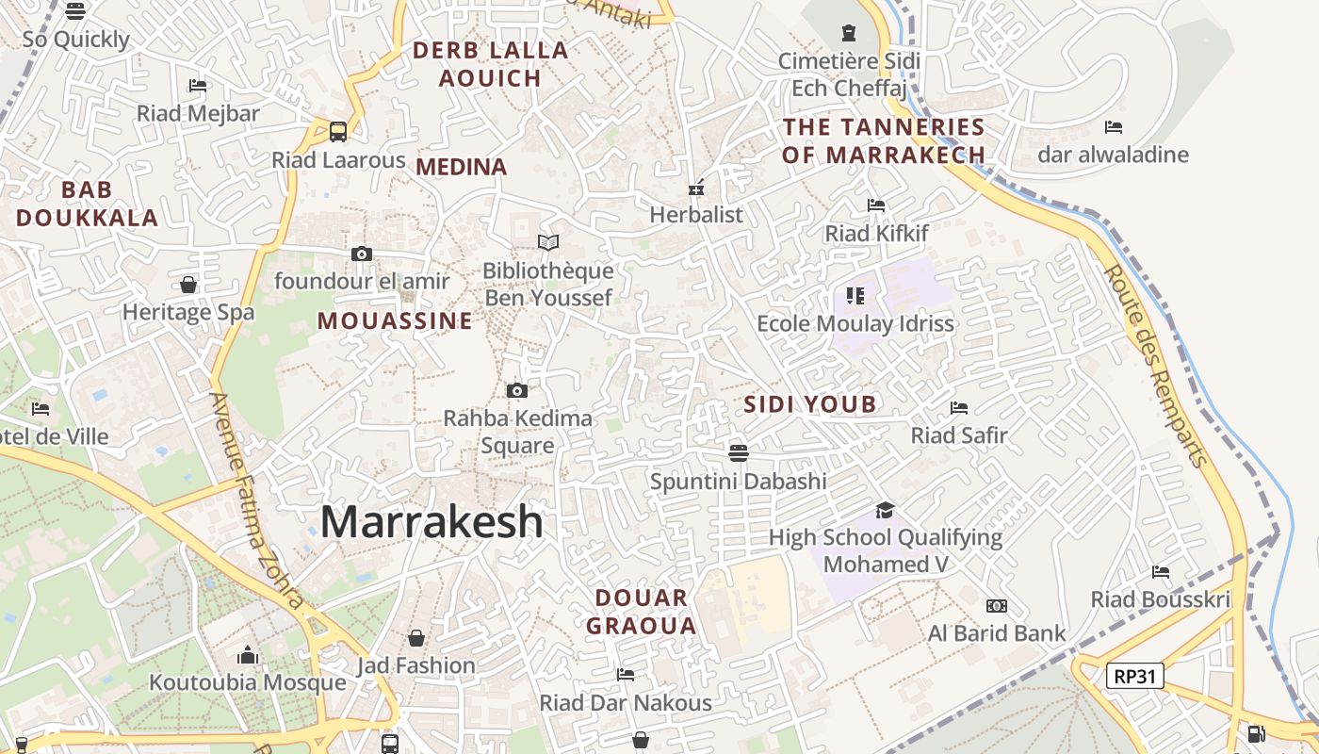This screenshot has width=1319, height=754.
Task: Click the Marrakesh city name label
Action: (x=432, y=521)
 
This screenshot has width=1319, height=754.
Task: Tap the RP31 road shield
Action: (x=1134, y=675)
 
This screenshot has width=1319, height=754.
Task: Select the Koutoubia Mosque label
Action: (x=248, y=682)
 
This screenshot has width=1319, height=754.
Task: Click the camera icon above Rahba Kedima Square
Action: (x=516, y=390)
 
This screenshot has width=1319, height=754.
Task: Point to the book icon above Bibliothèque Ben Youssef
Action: (x=548, y=242)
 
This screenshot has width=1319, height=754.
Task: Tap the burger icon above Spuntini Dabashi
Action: (x=739, y=453)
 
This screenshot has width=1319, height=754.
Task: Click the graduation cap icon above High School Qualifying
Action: (x=885, y=510)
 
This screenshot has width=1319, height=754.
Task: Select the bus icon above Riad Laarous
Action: (x=338, y=132)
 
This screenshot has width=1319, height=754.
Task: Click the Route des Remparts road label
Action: (x=1155, y=365)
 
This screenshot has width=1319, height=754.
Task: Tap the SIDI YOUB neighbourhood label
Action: (x=810, y=404)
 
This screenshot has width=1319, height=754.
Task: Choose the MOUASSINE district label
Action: (x=395, y=320)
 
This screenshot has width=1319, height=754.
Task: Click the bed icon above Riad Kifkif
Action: (x=876, y=205)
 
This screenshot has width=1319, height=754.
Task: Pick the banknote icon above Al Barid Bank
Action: (x=996, y=605)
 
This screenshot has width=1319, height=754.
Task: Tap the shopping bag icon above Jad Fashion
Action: (x=415, y=638)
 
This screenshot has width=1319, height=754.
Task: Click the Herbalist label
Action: (x=696, y=215)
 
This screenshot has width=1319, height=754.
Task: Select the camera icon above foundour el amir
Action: (x=361, y=254)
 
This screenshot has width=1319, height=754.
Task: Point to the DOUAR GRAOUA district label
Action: (x=642, y=611)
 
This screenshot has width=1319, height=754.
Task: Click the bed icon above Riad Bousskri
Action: (x=1161, y=571)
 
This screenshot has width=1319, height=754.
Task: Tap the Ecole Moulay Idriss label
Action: (x=855, y=323)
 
